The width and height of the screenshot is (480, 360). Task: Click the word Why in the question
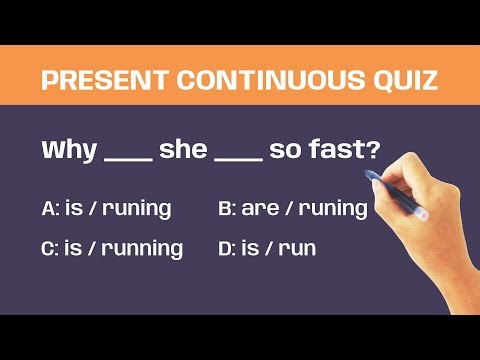69,152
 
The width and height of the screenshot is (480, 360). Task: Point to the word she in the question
182,152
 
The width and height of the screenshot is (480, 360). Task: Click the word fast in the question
337,152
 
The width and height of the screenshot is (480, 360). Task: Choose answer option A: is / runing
106,209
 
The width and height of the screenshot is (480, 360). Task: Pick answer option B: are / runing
292,209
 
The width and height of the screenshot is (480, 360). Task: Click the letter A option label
50,209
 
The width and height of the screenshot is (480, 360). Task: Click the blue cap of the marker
372,177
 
